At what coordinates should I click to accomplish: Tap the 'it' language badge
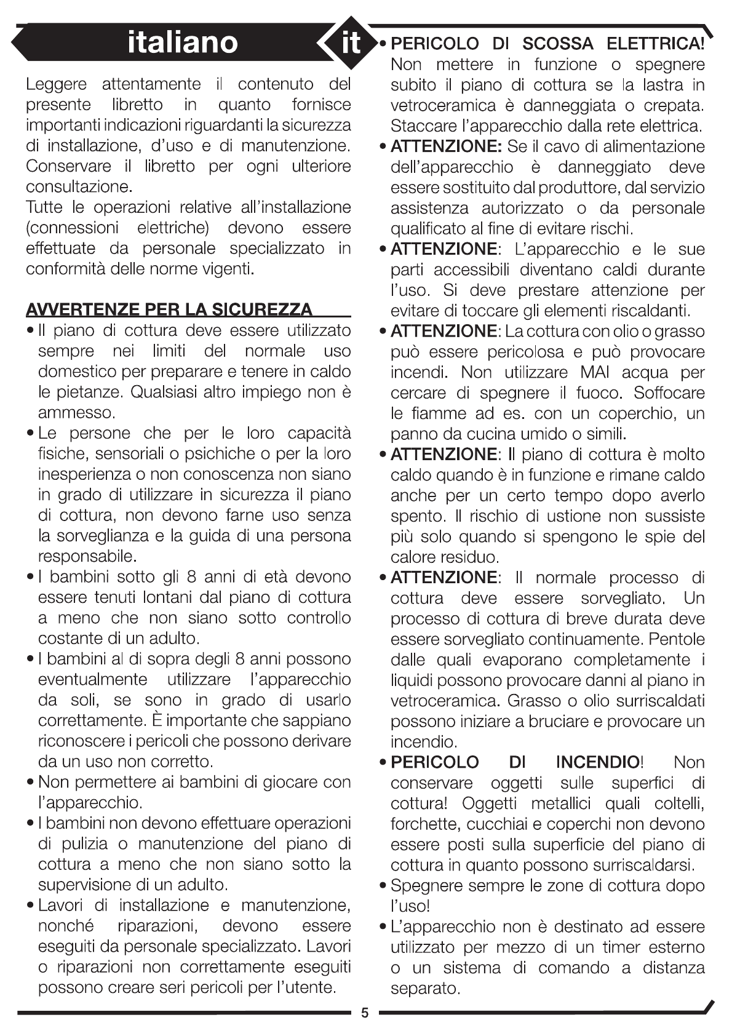(351, 43)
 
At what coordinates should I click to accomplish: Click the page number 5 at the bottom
(365, 1013)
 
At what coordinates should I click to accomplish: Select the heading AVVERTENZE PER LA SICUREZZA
(169, 309)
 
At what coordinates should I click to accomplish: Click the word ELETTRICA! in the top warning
(655, 44)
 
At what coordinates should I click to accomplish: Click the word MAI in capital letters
(594, 373)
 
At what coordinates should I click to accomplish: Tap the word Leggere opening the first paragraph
(56, 84)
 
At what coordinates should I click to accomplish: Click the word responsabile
(87, 556)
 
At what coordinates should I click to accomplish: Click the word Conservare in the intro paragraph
(68, 166)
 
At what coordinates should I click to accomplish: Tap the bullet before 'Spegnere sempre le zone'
(383, 887)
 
